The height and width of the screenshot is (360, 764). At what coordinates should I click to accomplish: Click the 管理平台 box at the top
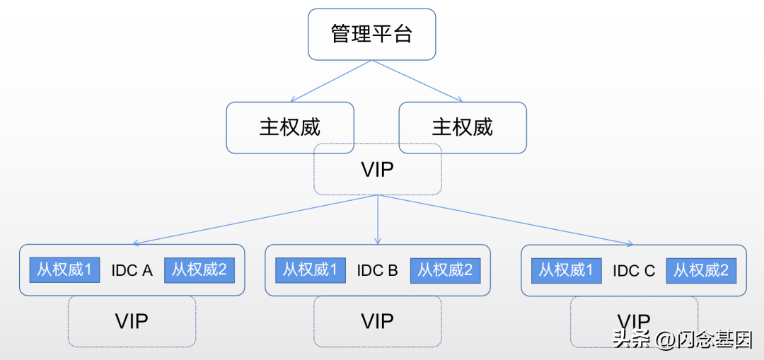click(371, 34)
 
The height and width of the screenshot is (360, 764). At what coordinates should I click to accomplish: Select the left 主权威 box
click(289, 127)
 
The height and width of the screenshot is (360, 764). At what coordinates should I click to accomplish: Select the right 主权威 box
click(463, 127)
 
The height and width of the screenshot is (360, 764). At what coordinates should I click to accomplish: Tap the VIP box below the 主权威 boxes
click(378, 170)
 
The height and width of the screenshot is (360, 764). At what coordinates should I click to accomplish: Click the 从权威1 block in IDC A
click(64, 270)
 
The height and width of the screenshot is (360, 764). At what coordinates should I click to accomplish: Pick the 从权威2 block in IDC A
click(199, 270)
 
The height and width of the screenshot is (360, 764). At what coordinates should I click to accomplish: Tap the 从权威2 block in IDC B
click(445, 270)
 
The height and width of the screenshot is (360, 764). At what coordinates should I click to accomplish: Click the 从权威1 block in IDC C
click(566, 270)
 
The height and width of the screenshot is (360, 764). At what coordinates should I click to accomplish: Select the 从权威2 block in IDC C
click(701, 270)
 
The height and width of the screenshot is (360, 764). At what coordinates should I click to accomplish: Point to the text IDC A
click(132, 270)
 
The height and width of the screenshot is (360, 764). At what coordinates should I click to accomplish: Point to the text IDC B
click(378, 270)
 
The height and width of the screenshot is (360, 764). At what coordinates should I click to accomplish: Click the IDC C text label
click(634, 270)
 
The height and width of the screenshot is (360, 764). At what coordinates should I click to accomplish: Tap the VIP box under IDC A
click(132, 321)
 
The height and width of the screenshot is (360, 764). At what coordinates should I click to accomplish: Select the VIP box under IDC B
click(378, 321)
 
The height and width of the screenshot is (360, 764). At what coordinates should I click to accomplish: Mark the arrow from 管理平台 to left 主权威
click(330, 81)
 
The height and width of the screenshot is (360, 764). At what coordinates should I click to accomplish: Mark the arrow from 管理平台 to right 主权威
click(417, 81)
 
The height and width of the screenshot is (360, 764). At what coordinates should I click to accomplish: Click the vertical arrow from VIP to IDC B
click(378, 219)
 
